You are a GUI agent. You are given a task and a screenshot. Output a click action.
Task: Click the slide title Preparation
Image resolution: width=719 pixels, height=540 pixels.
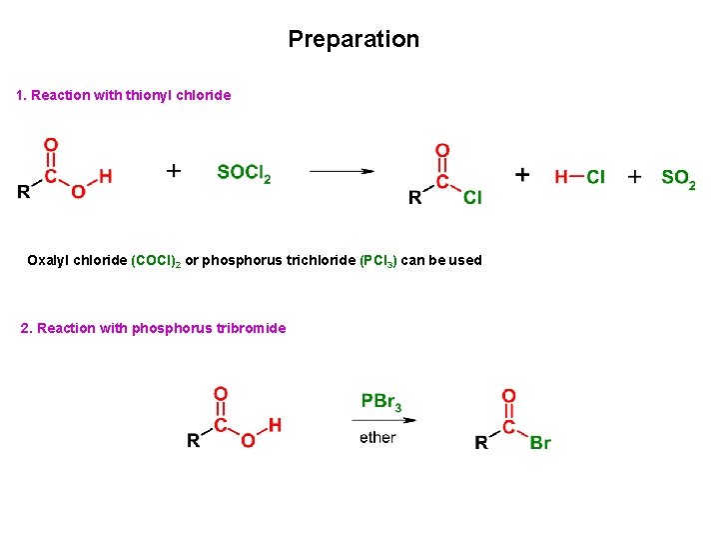pyautogui.click(x=354, y=39)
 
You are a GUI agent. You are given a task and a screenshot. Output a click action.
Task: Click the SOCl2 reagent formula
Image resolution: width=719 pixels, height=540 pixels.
pyautogui.click(x=244, y=173)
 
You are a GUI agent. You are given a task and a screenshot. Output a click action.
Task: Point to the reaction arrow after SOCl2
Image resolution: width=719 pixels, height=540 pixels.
pyautogui.click(x=342, y=172)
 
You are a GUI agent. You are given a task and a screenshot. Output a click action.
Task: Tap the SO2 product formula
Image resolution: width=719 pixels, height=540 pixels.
pyautogui.click(x=678, y=178)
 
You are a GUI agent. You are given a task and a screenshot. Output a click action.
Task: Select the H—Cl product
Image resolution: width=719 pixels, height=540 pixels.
pyautogui.click(x=579, y=177)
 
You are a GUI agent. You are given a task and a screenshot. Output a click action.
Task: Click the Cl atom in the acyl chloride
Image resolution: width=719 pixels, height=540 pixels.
pyautogui.click(x=472, y=198)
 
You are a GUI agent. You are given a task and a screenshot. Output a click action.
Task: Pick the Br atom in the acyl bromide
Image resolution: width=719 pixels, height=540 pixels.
pyautogui.click(x=540, y=442)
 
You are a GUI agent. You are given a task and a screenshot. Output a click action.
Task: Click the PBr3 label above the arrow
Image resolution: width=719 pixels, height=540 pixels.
pyautogui.click(x=381, y=402)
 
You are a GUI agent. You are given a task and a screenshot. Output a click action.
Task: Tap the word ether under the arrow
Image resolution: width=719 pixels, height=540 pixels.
pyautogui.click(x=377, y=437)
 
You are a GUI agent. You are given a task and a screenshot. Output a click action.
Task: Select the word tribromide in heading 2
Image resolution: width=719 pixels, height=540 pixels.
pyautogui.click(x=250, y=328)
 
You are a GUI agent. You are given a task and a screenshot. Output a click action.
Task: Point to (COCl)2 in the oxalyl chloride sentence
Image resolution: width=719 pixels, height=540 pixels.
pyautogui.click(x=155, y=260)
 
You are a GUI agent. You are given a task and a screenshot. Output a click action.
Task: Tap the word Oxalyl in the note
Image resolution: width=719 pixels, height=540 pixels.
pyautogui.click(x=49, y=260)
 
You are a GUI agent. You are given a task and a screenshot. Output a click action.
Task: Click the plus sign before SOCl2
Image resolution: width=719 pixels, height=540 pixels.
pyautogui.click(x=174, y=171)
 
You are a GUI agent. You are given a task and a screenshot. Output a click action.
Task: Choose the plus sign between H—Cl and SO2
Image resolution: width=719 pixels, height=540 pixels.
pyautogui.click(x=634, y=177)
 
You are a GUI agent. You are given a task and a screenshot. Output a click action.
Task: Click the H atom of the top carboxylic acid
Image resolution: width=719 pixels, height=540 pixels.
pyautogui.click(x=106, y=177)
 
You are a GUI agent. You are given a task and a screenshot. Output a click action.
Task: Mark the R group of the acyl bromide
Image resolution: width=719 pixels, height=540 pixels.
pyautogui.click(x=481, y=442)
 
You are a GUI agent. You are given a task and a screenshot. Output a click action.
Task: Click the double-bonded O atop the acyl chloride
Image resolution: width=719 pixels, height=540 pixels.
pyautogui.click(x=442, y=151)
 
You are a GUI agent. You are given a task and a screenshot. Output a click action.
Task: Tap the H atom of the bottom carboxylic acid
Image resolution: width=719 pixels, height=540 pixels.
pyautogui.click(x=275, y=425)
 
